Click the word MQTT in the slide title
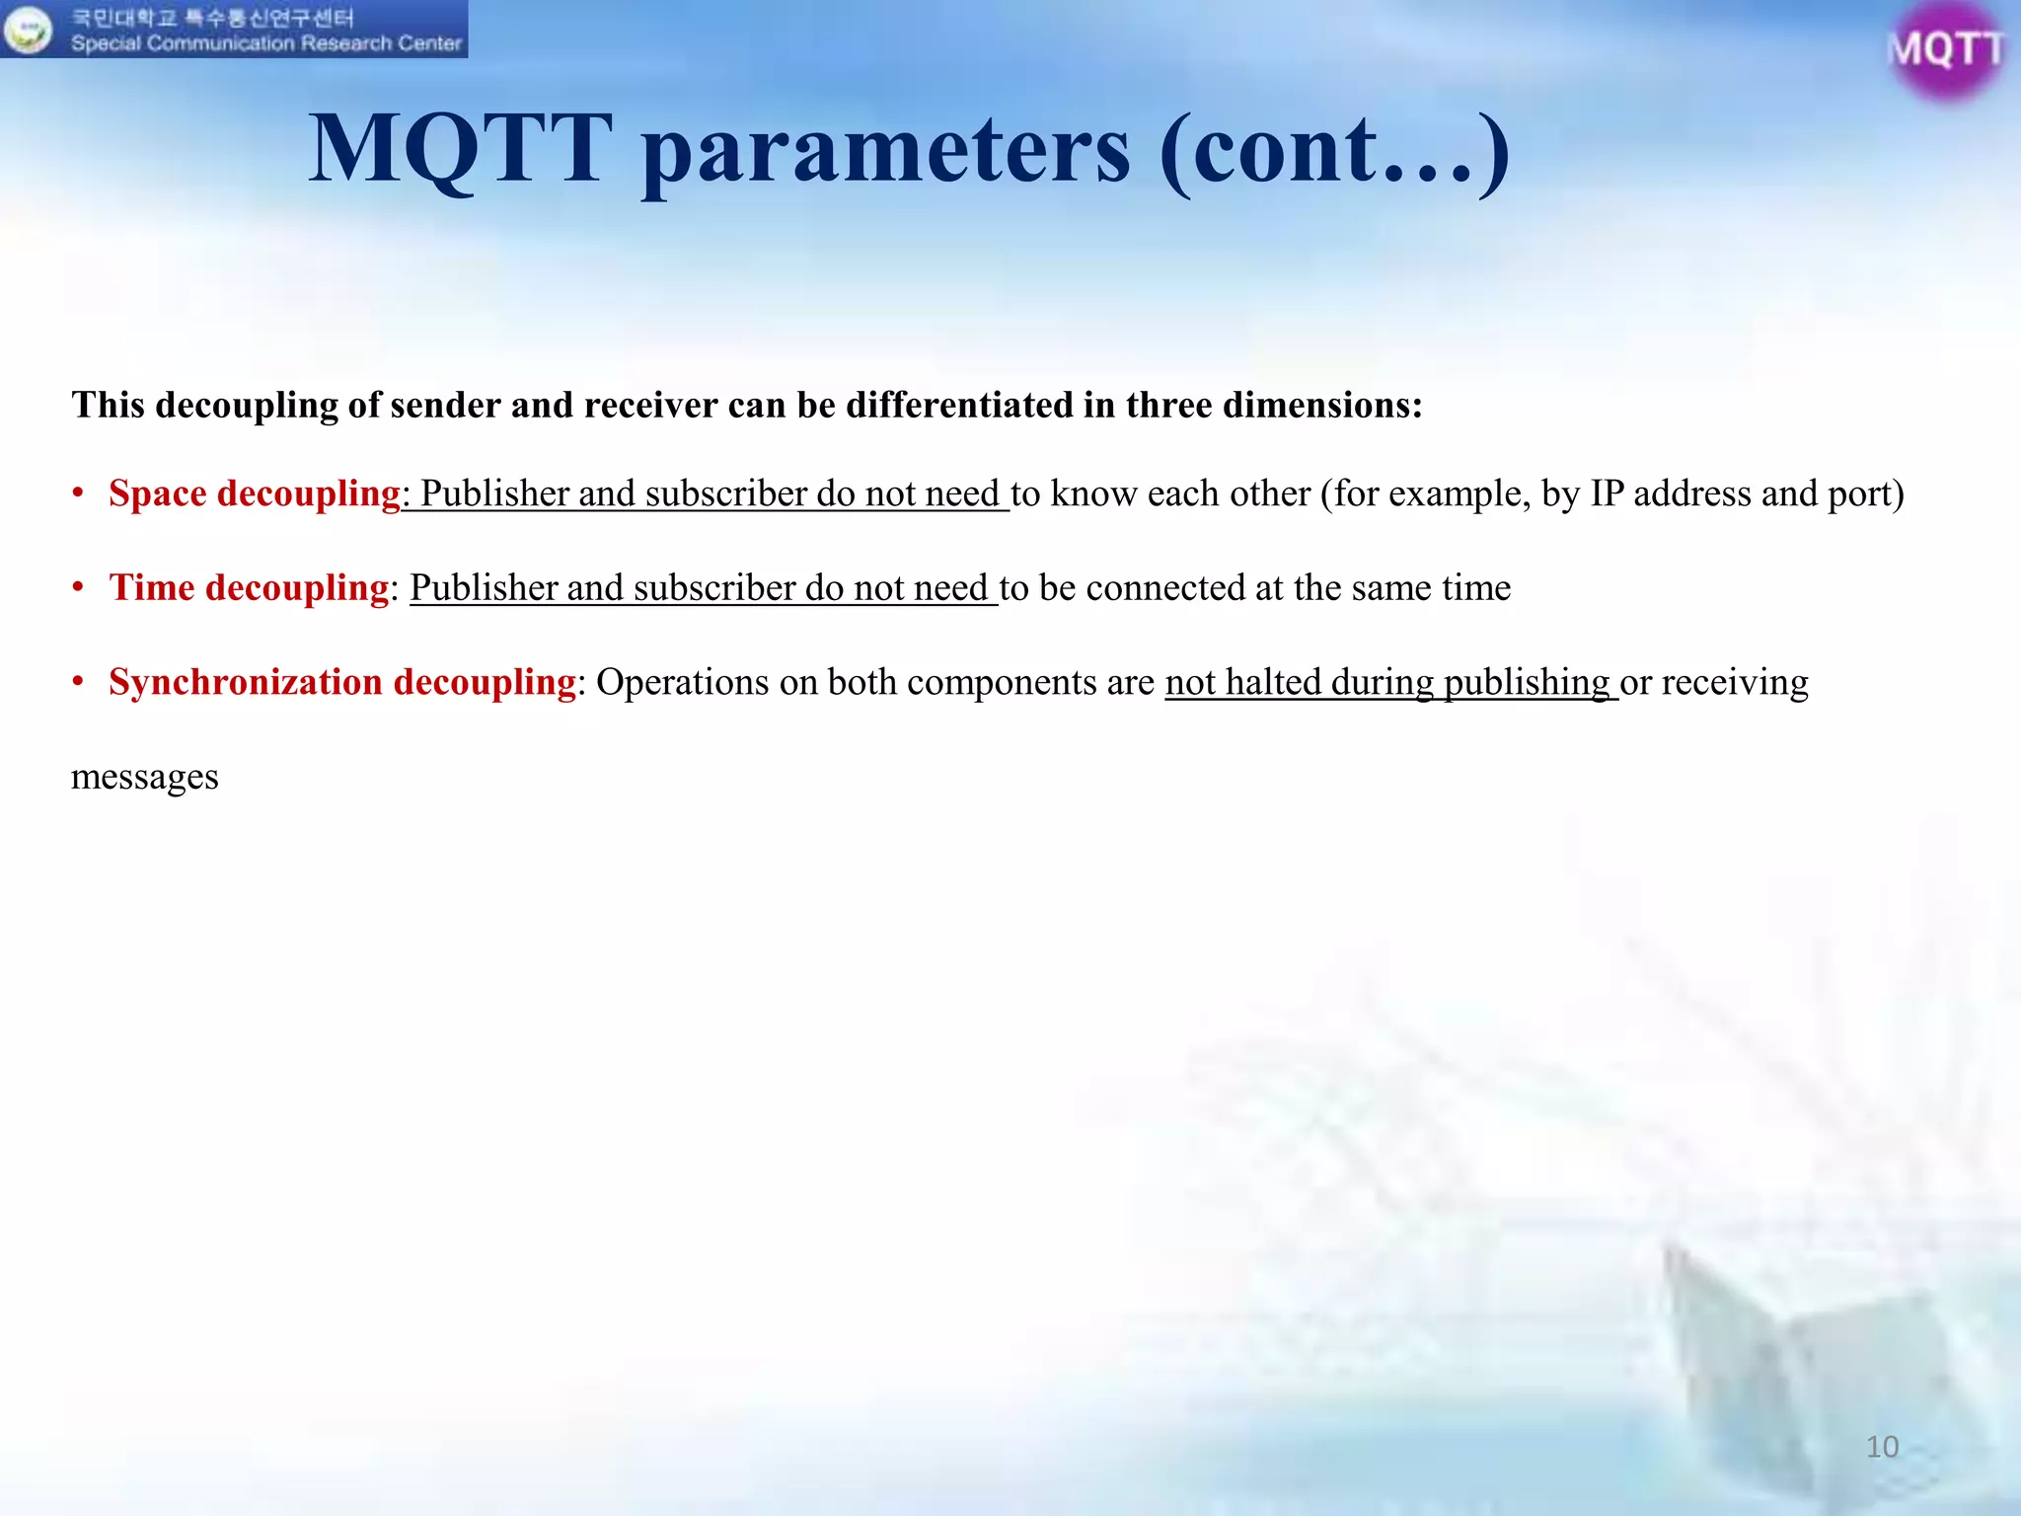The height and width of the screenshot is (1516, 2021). [459, 150]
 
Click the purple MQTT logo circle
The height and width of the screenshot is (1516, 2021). [1945, 49]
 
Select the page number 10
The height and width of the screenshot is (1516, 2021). [1882, 1447]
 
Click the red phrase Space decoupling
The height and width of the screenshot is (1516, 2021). [254, 493]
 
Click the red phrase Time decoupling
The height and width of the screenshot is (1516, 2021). [249, 588]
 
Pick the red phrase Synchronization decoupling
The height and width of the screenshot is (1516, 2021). [341, 683]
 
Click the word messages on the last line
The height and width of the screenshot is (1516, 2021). [145, 778]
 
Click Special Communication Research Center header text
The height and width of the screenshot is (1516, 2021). [265, 43]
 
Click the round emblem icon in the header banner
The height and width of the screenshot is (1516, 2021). [28, 30]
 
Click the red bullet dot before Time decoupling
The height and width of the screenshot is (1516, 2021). [78, 587]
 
